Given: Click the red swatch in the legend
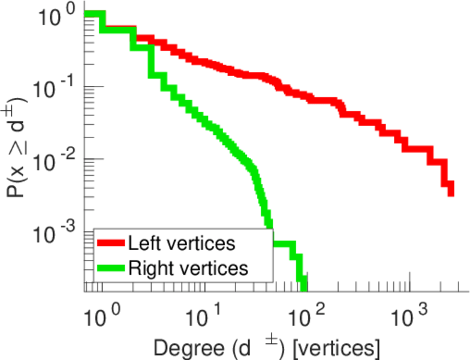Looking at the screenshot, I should coord(112,244).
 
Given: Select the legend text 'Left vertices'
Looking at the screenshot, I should coord(181,244).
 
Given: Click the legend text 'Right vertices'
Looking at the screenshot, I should coord(187,268).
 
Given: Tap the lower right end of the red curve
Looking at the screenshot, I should coord(450,193).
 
